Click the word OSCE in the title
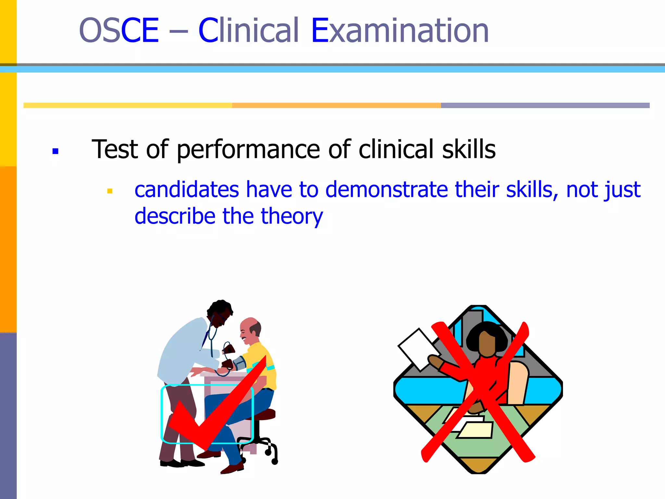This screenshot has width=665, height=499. click(119, 31)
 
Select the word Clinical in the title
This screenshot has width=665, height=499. click(248, 31)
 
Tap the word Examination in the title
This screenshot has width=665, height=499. click(400, 31)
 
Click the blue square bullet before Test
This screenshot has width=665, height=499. click(55, 151)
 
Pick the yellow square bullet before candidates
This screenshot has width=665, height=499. click(110, 191)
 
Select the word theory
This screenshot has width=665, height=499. click(292, 217)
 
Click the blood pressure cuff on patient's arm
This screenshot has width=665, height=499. click(240, 363)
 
